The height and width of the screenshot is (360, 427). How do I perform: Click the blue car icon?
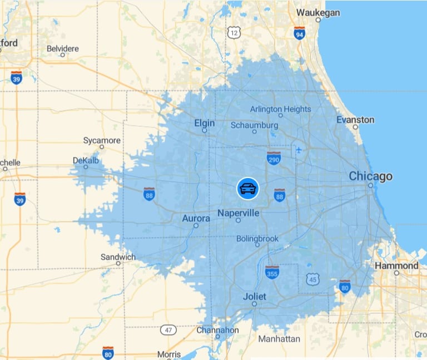pyautogui.click(x=247, y=189)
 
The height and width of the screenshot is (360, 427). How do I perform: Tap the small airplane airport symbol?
pyautogui.click(x=299, y=150)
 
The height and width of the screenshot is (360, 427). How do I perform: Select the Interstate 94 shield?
pyautogui.click(x=299, y=33)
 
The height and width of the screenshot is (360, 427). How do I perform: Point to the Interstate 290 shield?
pyautogui.click(x=274, y=158)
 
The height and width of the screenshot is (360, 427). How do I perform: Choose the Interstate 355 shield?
pyautogui.click(x=272, y=272)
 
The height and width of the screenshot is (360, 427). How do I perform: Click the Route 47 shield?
pyautogui.click(x=168, y=330)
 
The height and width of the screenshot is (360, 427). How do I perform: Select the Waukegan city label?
pyautogui.click(x=317, y=12)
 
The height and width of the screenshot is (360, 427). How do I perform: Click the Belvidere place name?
pyautogui.click(x=63, y=48)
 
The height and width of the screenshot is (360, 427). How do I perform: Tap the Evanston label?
pyautogui.click(x=355, y=120)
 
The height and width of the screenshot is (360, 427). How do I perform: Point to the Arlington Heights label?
pyautogui.click(x=280, y=109)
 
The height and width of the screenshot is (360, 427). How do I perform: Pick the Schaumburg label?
pyautogui.click(x=254, y=125)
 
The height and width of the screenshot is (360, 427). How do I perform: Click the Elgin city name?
pyautogui.click(x=204, y=123)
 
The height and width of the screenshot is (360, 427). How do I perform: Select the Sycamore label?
pyautogui.click(x=101, y=140)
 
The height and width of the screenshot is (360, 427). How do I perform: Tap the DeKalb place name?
pyautogui.click(x=85, y=160)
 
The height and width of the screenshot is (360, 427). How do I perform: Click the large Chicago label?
pyautogui.click(x=370, y=176)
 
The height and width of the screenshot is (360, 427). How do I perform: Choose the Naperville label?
pyautogui.click(x=238, y=213)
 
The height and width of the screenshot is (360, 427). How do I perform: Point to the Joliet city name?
pyautogui.click(x=254, y=297)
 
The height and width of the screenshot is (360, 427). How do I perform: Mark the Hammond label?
pyautogui.click(x=396, y=265)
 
